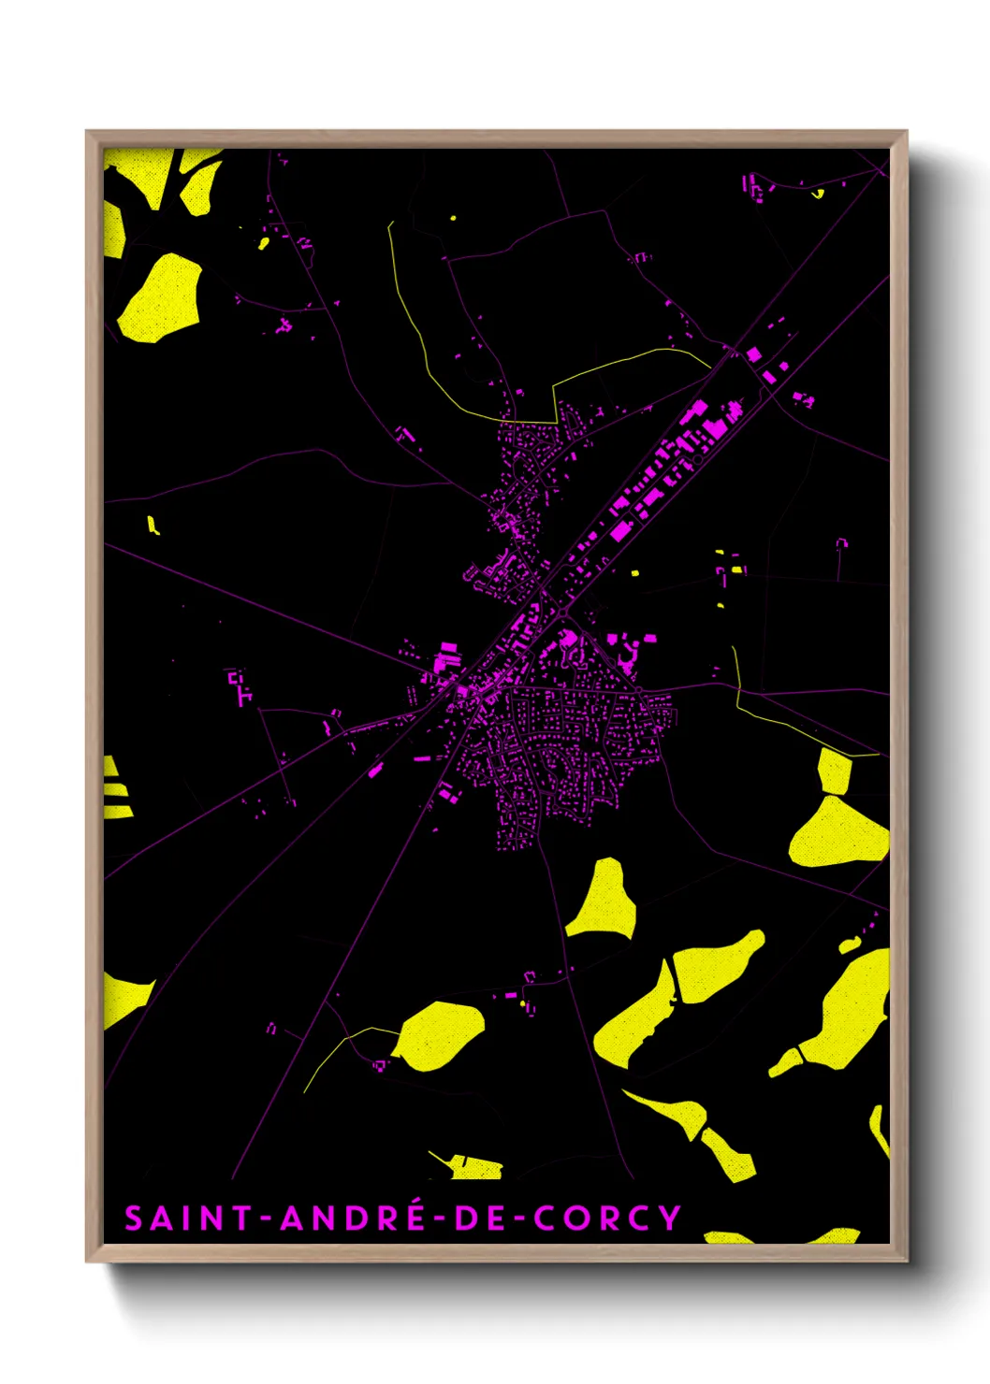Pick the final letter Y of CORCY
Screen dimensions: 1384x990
670,1218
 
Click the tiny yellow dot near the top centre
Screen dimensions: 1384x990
453,218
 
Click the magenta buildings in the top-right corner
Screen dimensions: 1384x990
753,185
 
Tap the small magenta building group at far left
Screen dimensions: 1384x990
240,685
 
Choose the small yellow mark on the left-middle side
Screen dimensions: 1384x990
153,525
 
